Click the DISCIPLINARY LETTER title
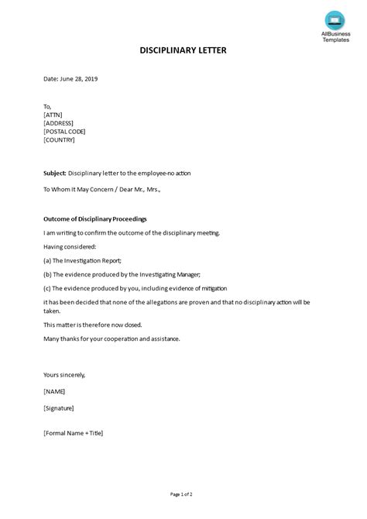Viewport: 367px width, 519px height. (183, 50)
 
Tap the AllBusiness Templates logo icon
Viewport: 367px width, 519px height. (335, 19)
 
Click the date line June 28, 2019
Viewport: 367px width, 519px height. (70, 78)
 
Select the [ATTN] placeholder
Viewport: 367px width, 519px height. (54, 115)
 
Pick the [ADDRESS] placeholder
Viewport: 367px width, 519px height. (60, 123)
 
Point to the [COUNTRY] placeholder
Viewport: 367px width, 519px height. (61, 140)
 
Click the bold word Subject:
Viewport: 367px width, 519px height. (55, 173)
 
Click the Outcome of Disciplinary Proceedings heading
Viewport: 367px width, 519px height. (95, 218)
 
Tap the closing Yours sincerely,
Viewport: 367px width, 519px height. (64, 375)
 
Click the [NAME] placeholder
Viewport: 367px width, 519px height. (55, 392)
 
